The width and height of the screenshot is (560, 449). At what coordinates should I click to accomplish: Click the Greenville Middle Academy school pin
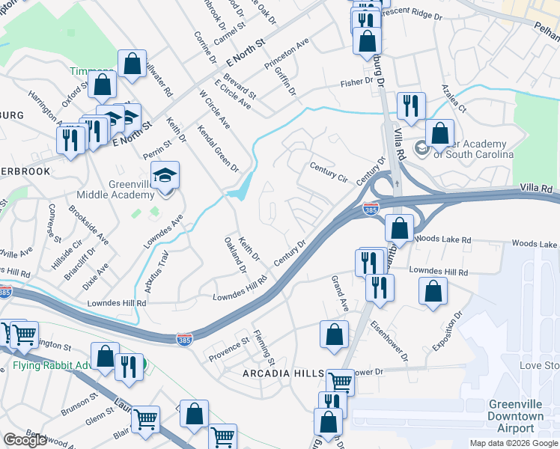[165, 176]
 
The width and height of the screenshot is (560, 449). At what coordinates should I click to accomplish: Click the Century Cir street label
[329, 173]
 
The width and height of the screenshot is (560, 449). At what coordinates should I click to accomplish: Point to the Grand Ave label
[340, 295]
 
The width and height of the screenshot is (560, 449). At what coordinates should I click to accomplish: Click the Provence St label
[228, 349]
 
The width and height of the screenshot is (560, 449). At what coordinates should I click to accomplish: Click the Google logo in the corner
[25, 440]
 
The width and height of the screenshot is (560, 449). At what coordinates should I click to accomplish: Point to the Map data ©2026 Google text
[513, 443]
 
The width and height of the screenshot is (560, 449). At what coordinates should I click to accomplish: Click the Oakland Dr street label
[234, 255]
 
